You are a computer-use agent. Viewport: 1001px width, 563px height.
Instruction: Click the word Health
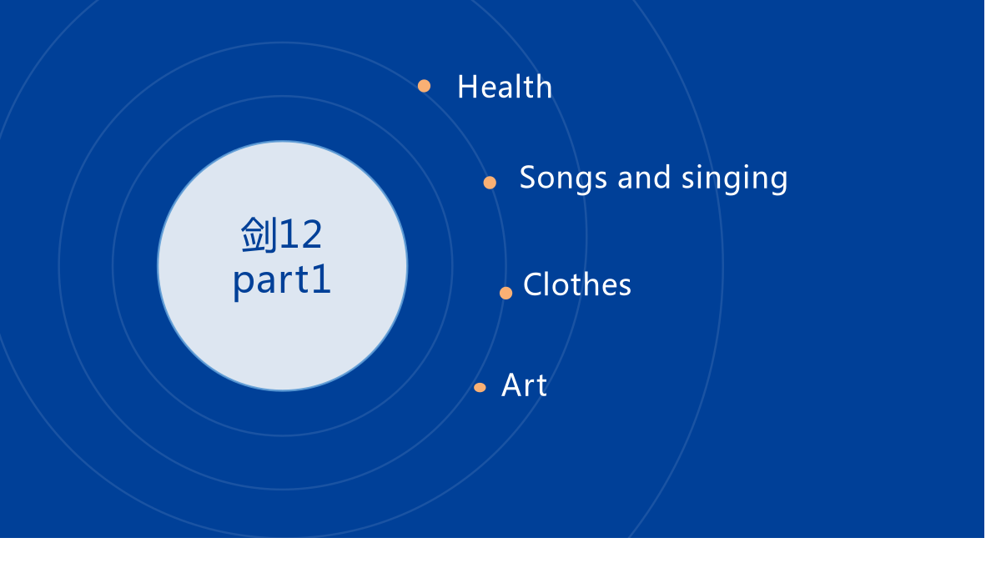point(505,86)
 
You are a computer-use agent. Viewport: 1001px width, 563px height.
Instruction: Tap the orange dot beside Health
point(424,86)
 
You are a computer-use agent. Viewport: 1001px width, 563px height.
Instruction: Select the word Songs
point(563,178)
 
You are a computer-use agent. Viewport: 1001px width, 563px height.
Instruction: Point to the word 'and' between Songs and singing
point(644,178)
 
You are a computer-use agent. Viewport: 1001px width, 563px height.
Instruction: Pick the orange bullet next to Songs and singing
point(490,183)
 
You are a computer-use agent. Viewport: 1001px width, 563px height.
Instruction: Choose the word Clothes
point(577,284)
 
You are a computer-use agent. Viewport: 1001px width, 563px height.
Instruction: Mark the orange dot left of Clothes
point(506,293)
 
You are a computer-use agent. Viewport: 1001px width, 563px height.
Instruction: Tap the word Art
point(524,385)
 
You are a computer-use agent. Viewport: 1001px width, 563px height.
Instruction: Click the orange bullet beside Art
point(480,387)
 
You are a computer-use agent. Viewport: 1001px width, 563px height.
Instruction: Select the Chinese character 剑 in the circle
point(259,234)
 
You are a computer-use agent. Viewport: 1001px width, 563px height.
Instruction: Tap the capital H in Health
point(468,87)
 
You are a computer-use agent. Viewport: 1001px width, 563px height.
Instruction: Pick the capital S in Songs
point(528,178)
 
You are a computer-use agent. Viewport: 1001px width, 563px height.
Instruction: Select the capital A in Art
point(512,385)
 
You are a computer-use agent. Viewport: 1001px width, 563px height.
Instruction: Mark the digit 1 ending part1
point(322,279)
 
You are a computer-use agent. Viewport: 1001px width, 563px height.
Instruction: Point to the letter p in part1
point(242,285)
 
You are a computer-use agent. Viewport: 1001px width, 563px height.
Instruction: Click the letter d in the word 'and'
point(661,177)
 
